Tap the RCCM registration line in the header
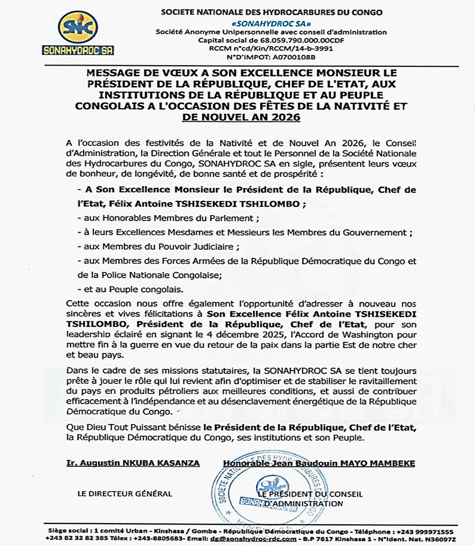[x=271, y=49]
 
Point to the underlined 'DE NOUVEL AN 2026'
[x=241, y=117]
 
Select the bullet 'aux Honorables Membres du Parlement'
[x=168, y=218]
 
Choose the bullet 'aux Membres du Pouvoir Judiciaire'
[x=159, y=247]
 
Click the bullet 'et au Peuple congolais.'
[x=130, y=288]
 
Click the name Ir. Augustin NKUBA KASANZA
[x=133, y=463]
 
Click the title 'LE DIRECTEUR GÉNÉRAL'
[x=125, y=494]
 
